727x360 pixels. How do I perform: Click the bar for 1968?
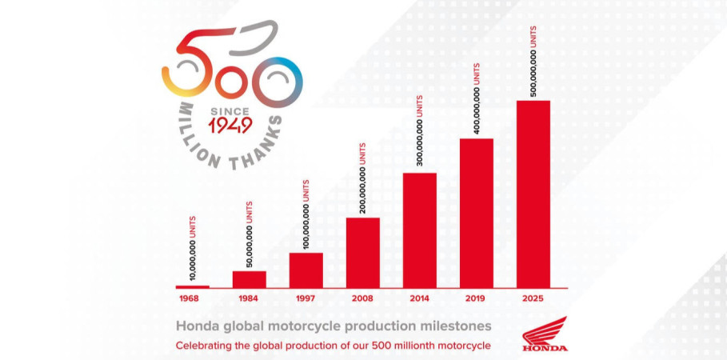[x=192, y=286]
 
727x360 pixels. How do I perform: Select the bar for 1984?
[x=249, y=279]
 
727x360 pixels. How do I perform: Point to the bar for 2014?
[x=419, y=230]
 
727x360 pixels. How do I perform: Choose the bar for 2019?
[x=476, y=213]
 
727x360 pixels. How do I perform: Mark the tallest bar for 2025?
[x=533, y=194]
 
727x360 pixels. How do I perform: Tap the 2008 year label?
[x=362, y=298]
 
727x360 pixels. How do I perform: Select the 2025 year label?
[x=533, y=298]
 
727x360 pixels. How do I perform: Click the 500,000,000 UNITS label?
[x=533, y=61]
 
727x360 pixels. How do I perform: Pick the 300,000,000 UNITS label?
[x=420, y=133]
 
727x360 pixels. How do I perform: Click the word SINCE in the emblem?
[x=230, y=110]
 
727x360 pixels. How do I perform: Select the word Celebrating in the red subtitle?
[x=202, y=346]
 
